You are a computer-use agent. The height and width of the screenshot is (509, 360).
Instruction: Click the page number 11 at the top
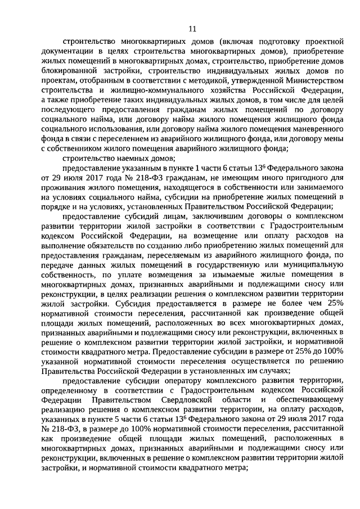pyautogui.click(x=192, y=29)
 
